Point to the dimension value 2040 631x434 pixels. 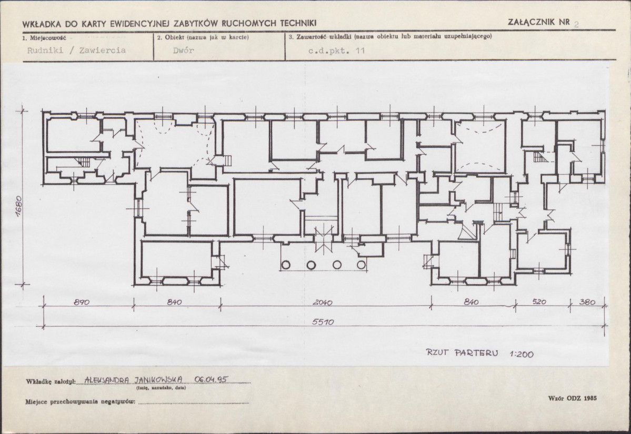(322, 302)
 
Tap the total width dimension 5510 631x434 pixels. (323, 322)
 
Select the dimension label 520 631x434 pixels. (539, 301)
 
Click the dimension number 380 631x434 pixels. (587, 301)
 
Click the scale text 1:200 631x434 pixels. (522, 354)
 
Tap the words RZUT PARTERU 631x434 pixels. (462, 353)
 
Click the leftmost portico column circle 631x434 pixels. (286, 265)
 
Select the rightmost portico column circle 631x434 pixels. (362, 265)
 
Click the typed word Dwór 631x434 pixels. (184, 51)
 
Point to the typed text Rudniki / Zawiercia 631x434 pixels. (76, 51)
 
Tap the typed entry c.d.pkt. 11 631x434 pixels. (336, 51)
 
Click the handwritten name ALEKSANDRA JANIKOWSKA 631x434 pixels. (134, 380)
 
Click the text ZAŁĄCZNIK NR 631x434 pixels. (539, 22)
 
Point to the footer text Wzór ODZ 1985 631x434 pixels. (572, 398)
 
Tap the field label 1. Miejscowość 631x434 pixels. (44, 38)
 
